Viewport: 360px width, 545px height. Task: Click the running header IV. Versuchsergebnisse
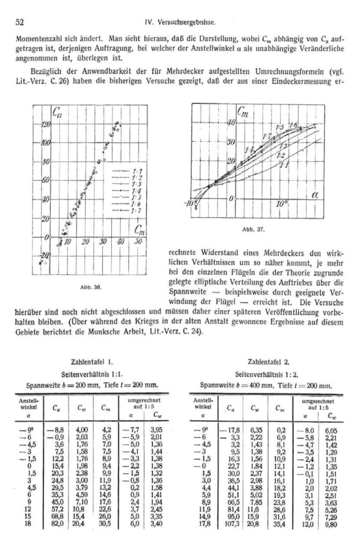tap(180, 20)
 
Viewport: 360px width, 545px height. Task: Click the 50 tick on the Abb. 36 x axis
tap(138, 241)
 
